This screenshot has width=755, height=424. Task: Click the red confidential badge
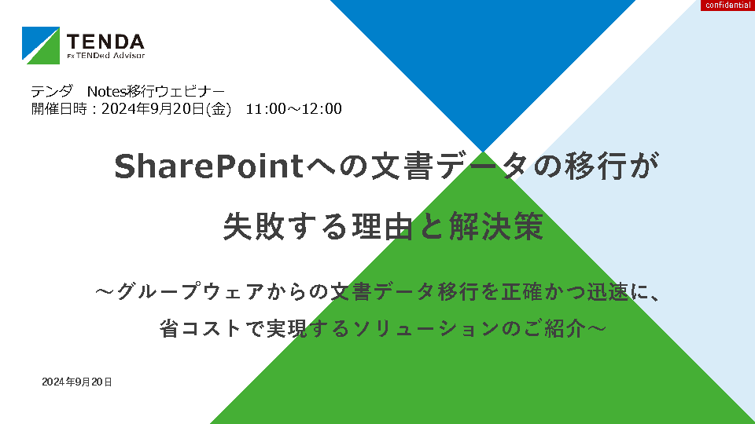[727, 5]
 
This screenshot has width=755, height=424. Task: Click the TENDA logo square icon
[41, 46]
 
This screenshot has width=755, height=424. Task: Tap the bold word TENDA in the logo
[105, 42]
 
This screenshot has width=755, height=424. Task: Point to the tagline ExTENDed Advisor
[105, 55]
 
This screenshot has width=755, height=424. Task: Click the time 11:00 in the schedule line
[266, 108]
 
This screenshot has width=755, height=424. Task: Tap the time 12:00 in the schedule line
[322, 108]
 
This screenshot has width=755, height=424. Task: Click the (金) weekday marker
[218, 108]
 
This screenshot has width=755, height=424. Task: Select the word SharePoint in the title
[209, 166]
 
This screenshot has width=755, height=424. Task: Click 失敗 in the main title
[253, 226]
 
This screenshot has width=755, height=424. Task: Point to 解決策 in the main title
[496, 226]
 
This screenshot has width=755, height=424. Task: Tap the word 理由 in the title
[382, 226]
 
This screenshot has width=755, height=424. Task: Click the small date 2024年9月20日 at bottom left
[77, 382]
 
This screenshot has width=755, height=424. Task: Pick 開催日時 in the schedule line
[59, 108]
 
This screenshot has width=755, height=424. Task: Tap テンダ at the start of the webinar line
[52, 91]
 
